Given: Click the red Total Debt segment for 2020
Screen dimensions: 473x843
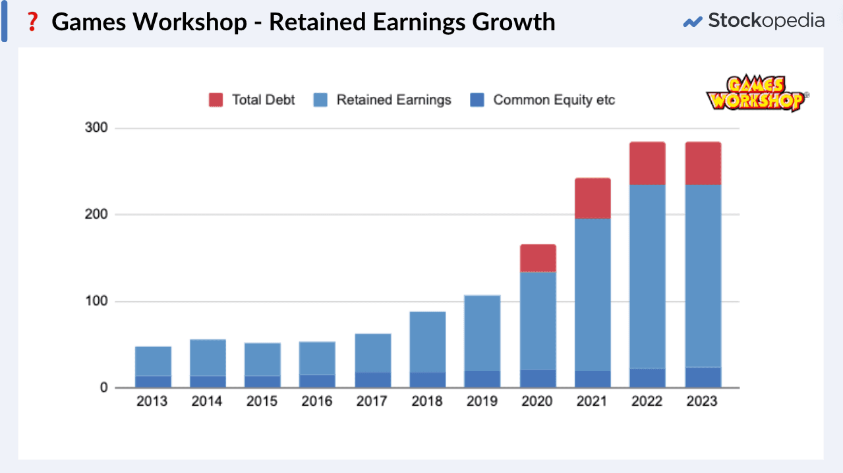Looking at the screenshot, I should pyautogui.click(x=537, y=258).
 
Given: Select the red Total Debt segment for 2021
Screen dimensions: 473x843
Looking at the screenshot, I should pyautogui.click(x=592, y=198).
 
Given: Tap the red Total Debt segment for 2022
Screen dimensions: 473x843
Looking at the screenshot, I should pyautogui.click(x=647, y=163).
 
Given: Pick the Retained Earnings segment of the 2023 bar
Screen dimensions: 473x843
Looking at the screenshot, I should pyautogui.click(x=702, y=275).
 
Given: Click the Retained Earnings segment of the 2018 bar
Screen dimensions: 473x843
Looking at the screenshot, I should pyautogui.click(x=428, y=342).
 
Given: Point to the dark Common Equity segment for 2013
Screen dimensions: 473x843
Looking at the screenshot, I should pyautogui.click(x=153, y=382).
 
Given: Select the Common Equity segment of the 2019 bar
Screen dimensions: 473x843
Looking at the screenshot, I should pyautogui.click(x=482, y=379).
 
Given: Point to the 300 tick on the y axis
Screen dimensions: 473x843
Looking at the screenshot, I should pyautogui.click(x=96, y=128).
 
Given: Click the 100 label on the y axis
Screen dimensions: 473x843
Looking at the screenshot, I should pyautogui.click(x=96, y=302).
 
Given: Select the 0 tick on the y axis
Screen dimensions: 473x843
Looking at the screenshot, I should pyautogui.click(x=103, y=388).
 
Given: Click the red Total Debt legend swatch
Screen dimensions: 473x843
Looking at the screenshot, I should pyautogui.click(x=216, y=100).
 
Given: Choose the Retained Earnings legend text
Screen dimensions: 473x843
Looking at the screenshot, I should pyautogui.click(x=393, y=100).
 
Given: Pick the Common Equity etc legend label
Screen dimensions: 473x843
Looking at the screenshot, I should pyautogui.click(x=554, y=100).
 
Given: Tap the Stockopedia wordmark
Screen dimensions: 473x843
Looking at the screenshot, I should pyautogui.click(x=765, y=21).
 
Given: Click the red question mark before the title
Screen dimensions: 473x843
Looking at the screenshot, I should pyautogui.click(x=30, y=22).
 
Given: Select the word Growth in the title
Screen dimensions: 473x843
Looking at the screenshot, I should pyautogui.click(x=513, y=22).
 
